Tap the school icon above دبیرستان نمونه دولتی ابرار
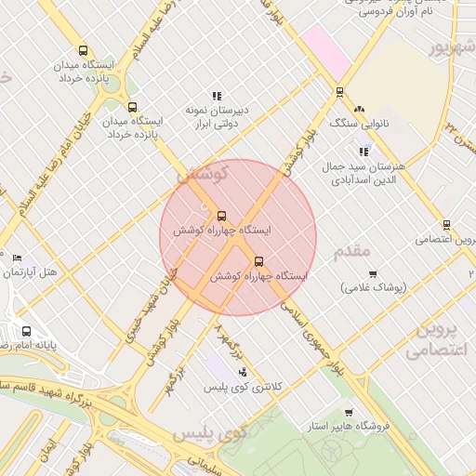pos(217,96)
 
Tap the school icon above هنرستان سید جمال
pos(363,151)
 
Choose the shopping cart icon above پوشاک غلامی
pos(373,273)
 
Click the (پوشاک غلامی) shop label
pos(373,288)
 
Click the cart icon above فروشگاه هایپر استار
pos(349,413)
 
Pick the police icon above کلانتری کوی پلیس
pos(243,372)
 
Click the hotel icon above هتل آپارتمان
pos(17,258)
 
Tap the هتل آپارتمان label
pos(31,272)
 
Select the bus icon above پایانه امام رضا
pos(26,331)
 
